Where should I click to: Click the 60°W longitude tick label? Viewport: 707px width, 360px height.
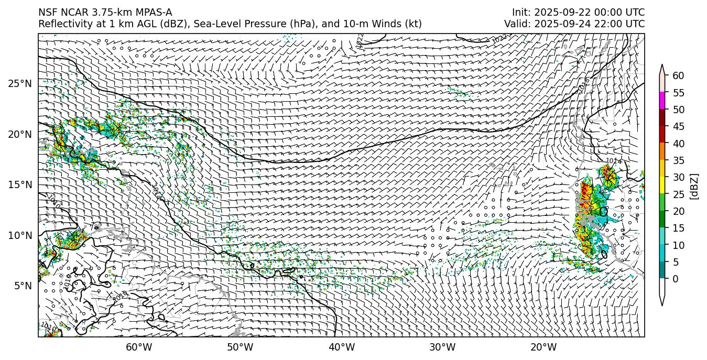(x=139, y=347)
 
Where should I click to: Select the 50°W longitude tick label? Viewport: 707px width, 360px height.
(x=240, y=347)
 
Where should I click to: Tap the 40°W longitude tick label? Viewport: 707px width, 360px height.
(x=342, y=347)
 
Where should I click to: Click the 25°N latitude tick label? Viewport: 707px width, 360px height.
(x=20, y=83)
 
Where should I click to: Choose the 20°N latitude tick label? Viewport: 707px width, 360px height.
(x=20, y=134)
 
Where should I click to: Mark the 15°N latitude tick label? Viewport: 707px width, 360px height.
(x=20, y=184)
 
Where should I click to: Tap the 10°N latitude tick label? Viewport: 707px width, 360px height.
(x=20, y=235)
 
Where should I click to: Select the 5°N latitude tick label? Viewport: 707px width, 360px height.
(x=22, y=286)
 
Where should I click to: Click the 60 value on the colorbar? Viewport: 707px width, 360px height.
(x=678, y=76)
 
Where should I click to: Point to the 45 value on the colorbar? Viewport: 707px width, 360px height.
(x=678, y=127)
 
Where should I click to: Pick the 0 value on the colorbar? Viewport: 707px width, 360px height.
(x=676, y=279)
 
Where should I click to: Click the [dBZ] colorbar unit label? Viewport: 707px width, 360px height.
(x=694, y=186)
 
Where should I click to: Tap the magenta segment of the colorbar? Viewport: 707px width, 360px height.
(x=662, y=101)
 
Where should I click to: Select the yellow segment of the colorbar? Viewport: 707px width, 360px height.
(x=662, y=185)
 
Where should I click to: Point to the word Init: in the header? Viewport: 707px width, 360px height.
(x=521, y=13)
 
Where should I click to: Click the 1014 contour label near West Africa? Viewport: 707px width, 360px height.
(x=614, y=161)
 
